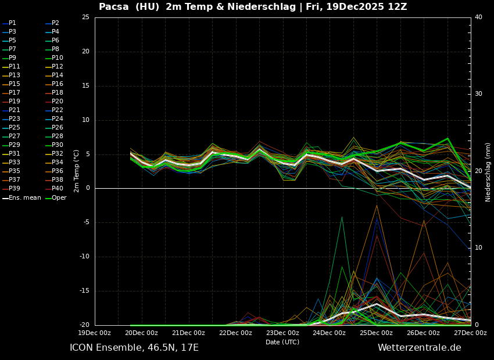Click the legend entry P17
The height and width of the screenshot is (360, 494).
pos(15,93)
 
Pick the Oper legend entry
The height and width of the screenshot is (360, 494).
pos(59,198)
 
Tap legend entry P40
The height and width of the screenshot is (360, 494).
pos(58,189)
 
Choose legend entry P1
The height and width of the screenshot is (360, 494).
pos(12,23)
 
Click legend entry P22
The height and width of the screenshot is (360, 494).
pos(58,110)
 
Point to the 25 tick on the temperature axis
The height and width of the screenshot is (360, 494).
pos(85,17)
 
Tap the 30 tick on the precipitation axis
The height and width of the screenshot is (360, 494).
pos(478,94)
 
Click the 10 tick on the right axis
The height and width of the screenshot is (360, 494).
pos(478,248)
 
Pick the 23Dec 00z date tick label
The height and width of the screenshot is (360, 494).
pos(282,333)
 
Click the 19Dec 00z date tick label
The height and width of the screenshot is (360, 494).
pos(95,333)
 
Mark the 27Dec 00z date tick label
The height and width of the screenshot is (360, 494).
pos(470,333)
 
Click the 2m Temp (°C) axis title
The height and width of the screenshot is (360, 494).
pos(76,171)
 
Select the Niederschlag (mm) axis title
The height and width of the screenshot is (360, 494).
pos(488,172)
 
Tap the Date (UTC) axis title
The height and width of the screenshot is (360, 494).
pos(282,342)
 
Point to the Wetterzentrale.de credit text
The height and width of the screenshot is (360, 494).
pos(419,348)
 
